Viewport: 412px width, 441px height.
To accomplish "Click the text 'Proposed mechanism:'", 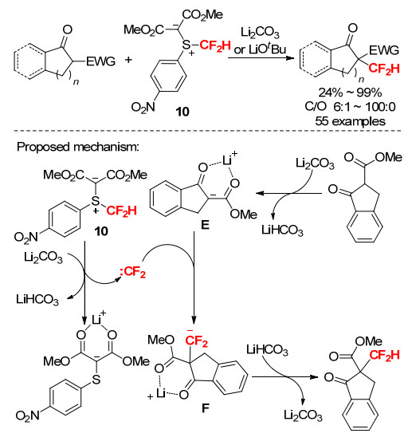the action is [78, 147].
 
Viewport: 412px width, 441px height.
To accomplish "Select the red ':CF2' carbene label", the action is [132, 272].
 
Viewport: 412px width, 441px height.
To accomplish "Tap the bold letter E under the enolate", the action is [205, 225].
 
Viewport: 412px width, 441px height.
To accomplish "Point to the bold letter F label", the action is [206, 408].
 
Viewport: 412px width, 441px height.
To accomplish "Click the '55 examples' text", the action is [350, 121].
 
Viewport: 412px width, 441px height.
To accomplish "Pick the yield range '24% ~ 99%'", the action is [350, 93].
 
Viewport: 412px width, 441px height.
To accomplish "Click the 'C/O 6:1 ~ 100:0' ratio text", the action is [350, 107].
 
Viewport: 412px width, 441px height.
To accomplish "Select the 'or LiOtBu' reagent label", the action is [260, 49].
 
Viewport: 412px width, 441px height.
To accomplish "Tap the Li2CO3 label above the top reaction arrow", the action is [260, 33].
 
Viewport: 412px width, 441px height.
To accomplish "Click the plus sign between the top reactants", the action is [128, 60].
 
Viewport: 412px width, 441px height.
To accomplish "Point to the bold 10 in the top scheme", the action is [182, 112].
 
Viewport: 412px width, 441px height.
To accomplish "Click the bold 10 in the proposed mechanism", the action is [101, 231].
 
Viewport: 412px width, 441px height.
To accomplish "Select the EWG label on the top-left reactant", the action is [100, 61].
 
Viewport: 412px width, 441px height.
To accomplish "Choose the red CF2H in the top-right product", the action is [384, 69].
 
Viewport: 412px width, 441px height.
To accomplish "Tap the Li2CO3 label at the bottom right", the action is [303, 415].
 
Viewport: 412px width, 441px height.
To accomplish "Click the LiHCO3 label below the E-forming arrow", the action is [282, 230].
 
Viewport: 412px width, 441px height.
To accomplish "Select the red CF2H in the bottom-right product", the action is [384, 355].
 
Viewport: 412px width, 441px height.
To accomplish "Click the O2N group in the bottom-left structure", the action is [27, 416].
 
